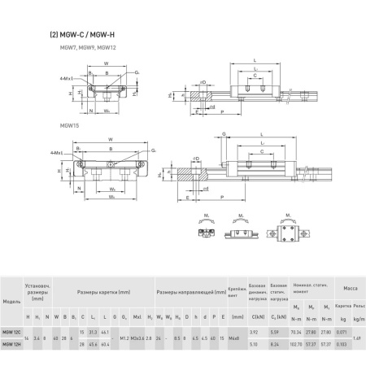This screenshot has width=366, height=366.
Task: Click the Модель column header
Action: [x=11, y=301]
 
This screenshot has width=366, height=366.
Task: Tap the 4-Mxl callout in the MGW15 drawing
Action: [x=55, y=153]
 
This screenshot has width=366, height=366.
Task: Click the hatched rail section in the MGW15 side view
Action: [x=190, y=173]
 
